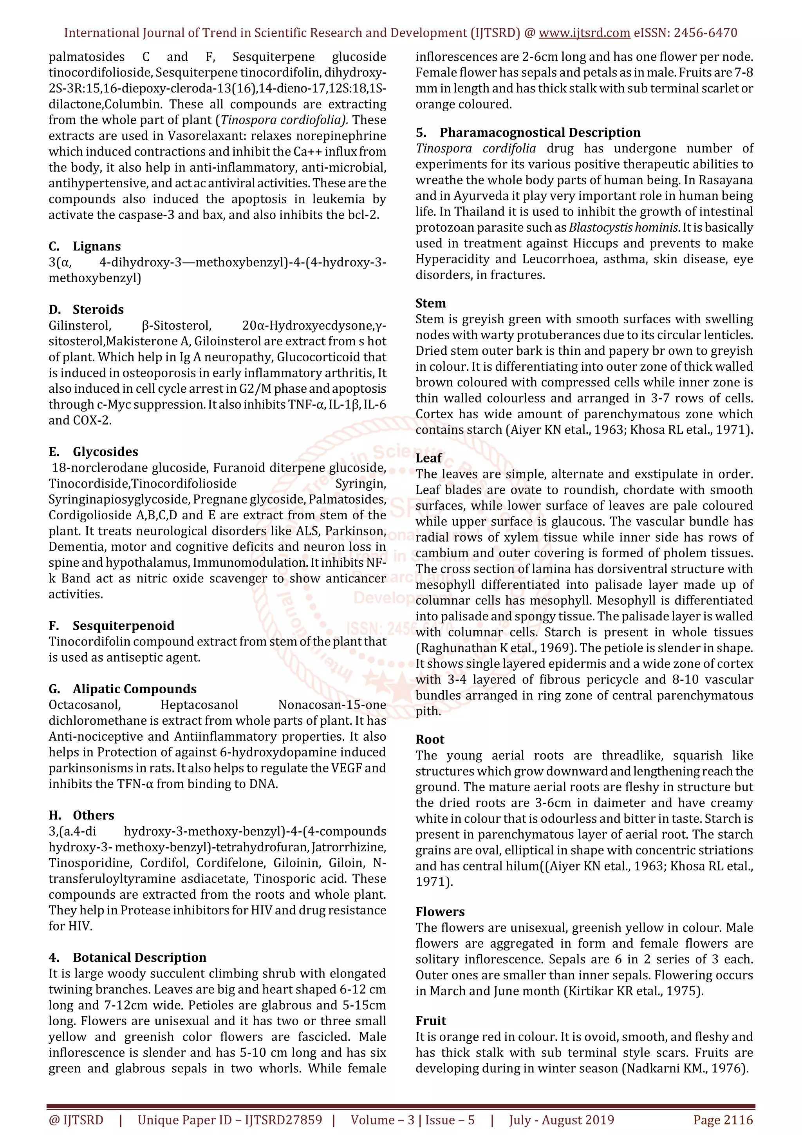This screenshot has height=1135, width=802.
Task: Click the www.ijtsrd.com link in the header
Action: [x=584, y=33]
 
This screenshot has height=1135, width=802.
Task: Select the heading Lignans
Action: [x=96, y=246]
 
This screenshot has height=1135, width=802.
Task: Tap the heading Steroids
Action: [x=98, y=310]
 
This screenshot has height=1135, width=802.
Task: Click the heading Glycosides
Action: [x=105, y=452]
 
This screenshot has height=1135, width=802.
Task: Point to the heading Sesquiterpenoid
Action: [x=123, y=626]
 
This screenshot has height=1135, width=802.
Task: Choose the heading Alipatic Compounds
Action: [x=134, y=689]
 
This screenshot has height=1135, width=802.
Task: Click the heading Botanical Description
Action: [x=139, y=957]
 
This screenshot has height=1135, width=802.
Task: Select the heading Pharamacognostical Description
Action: [x=540, y=132]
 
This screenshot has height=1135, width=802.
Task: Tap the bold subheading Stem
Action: [x=431, y=303]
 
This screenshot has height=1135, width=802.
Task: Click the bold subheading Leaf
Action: [x=429, y=458]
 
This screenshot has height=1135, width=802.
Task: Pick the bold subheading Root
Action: [x=430, y=740]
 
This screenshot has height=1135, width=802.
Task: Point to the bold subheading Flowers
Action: [x=440, y=912]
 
